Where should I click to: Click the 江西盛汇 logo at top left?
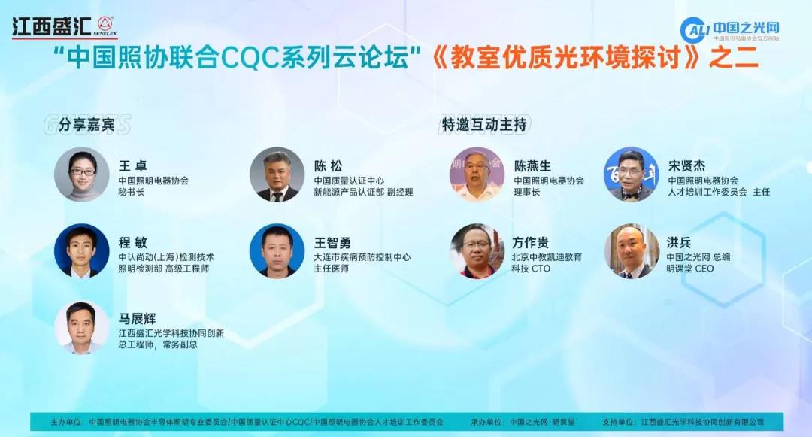pyautogui.click(x=64, y=26)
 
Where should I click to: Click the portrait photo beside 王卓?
pyautogui.click(x=82, y=174)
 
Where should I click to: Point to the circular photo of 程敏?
pyautogui.click(x=82, y=251)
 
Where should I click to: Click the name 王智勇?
pyautogui.click(x=332, y=243)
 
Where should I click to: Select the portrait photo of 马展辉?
pyautogui.click(x=82, y=328)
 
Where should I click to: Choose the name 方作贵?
pyautogui.click(x=531, y=243)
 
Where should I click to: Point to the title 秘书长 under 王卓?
pyautogui.click(x=132, y=193)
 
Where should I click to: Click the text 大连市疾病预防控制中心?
pyautogui.click(x=362, y=257)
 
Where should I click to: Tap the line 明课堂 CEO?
pyautogui.click(x=690, y=269)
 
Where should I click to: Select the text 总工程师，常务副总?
pyautogui.click(x=158, y=345)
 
